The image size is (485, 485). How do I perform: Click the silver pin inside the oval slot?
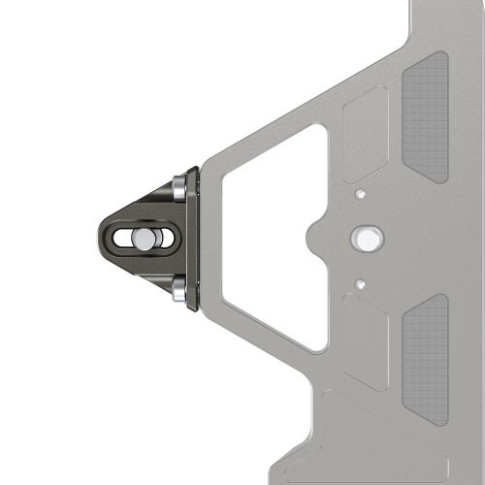click(x=144, y=239)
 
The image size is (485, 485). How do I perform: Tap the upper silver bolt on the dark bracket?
click(x=178, y=187)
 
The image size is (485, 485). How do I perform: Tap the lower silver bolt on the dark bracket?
click(x=178, y=288)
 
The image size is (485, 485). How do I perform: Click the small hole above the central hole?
click(x=360, y=194)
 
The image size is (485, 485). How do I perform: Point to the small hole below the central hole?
click(x=360, y=284)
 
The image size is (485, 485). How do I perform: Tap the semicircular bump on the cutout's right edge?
click(x=314, y=238)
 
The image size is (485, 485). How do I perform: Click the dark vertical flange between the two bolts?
click(x=193, y=238)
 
